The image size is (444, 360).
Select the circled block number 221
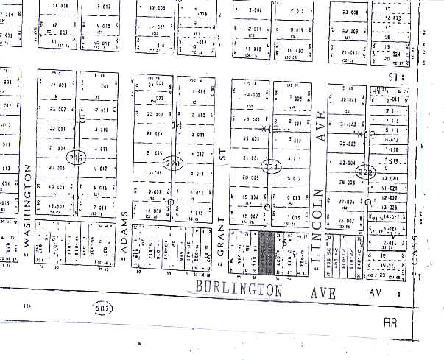click(x=272, y=167)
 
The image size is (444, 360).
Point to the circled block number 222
click(x=364, y=172)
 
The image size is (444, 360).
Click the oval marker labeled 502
click(x=100, y=308)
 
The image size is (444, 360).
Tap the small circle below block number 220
click(x=171, y=202)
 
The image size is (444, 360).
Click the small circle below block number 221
click(x=266, y=207)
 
